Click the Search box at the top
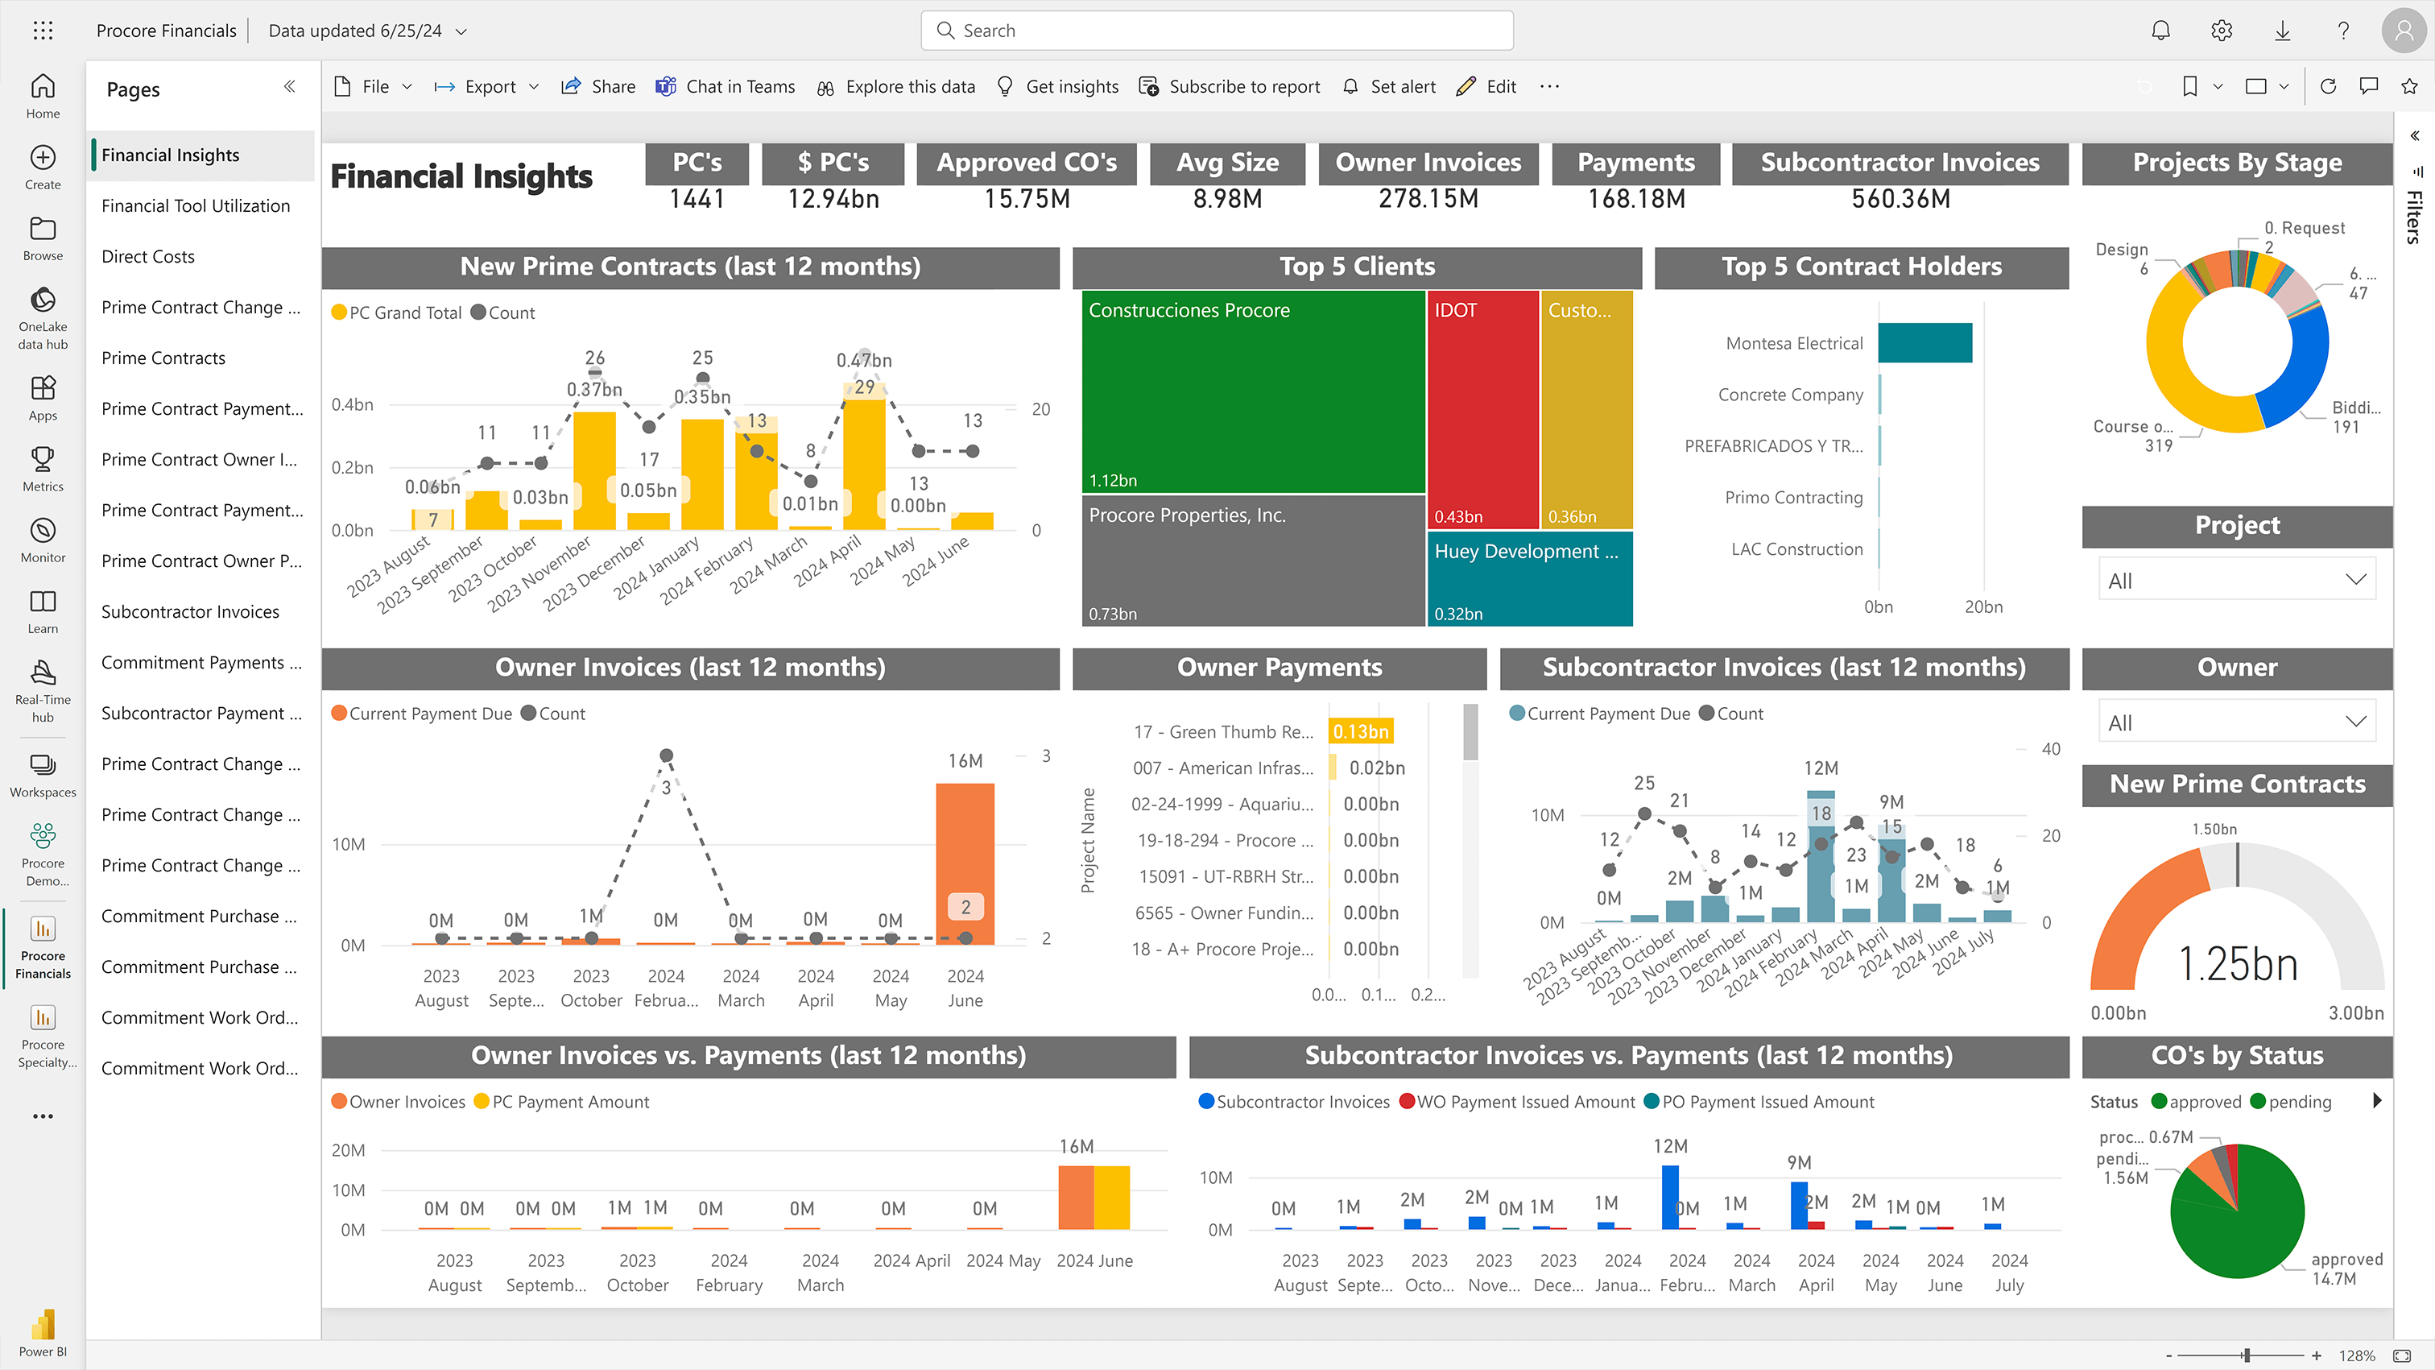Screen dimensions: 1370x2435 tap(1217, 31)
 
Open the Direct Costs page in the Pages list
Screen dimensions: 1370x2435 tap(147, 256)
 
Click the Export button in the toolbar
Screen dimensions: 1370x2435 tap(488, 86)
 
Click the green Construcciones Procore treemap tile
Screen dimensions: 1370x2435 tap(1252, 392)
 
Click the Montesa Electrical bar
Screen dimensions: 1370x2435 tap(1924, 343)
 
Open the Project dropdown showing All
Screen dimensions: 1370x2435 tap(2236, 580)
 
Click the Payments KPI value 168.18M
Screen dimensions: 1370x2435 tap(1636, 199)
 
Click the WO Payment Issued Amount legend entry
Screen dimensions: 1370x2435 tap(1517, 1102)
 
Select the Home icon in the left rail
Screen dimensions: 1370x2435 tap(43, 94)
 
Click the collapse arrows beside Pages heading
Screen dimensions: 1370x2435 tap(289, 87)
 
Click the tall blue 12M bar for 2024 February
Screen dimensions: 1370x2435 tap(1670, 1196)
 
